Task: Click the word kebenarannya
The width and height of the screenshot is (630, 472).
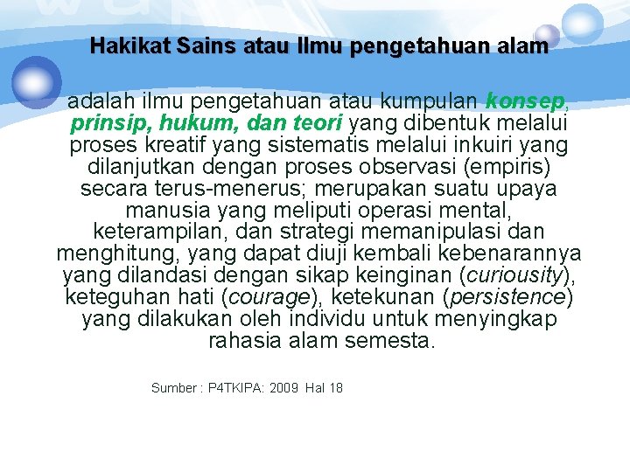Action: click(514, 253)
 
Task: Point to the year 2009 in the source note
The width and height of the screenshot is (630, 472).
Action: click(284, 387)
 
